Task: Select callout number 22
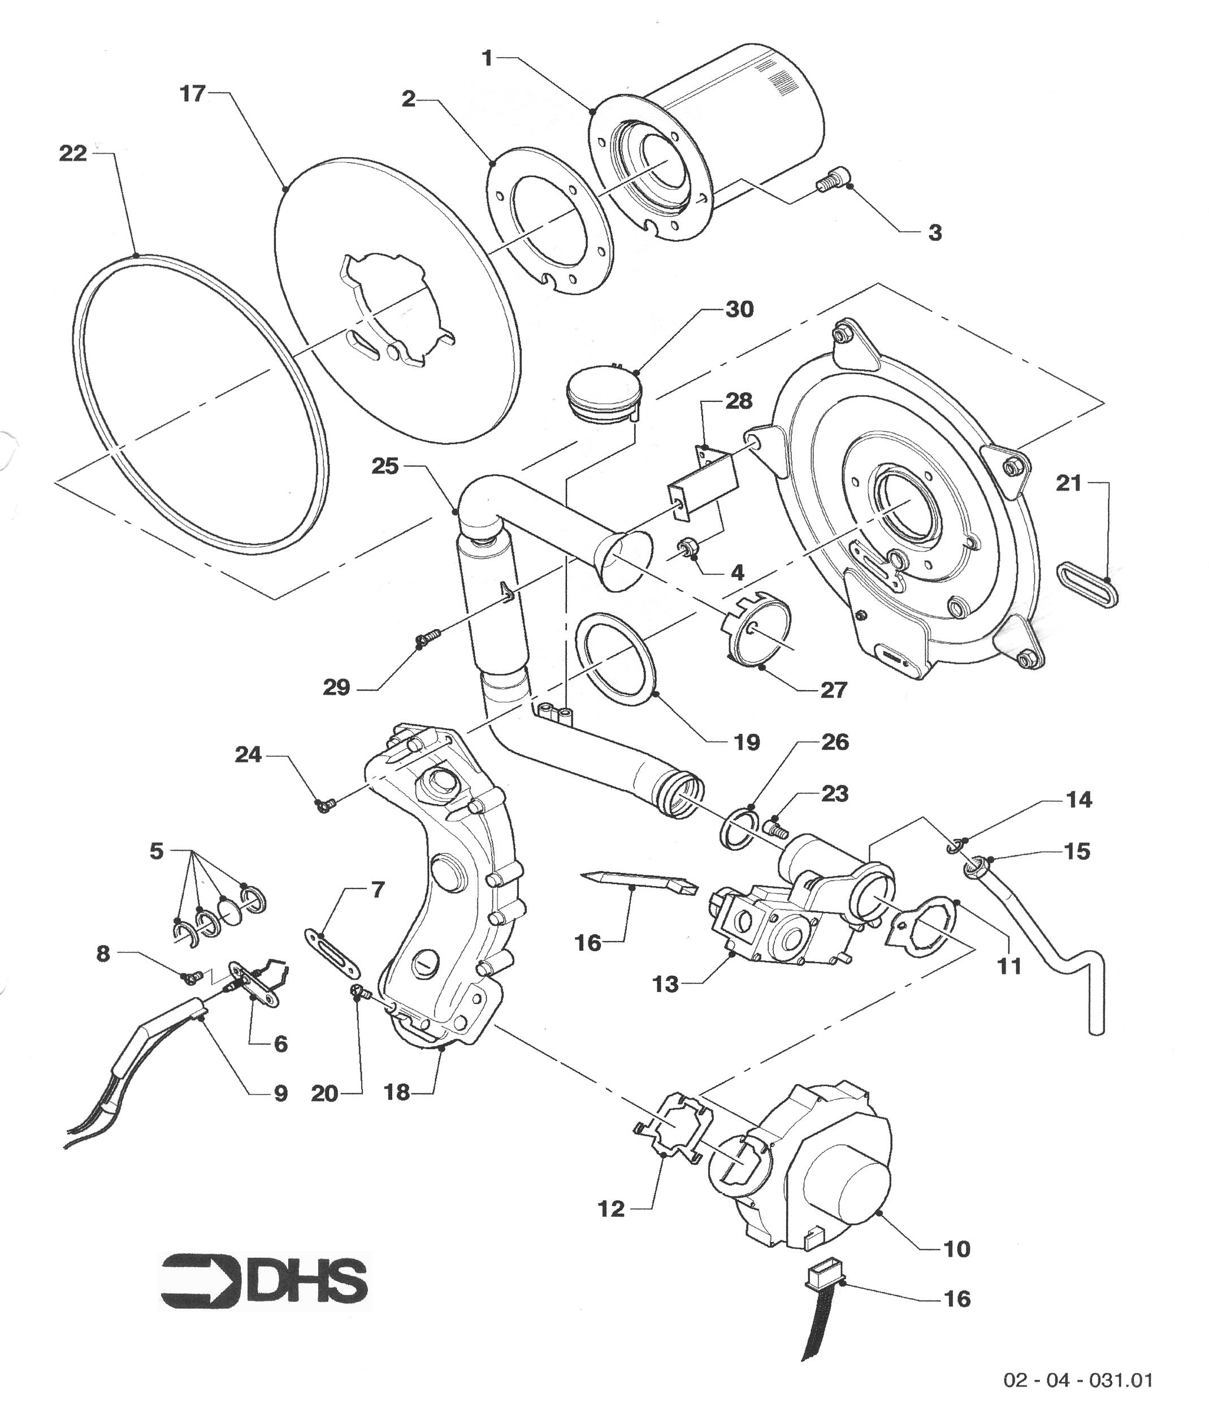[x=73, y=154]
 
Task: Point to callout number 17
[x=192, y=93]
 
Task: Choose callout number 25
[x=385, y=467]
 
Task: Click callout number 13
[x=665, y=985]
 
